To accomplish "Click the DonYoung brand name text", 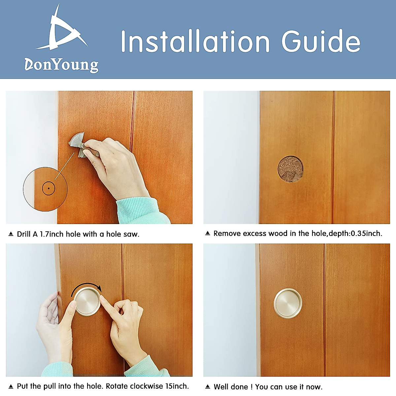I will pyautogui.click(x=61, y=64).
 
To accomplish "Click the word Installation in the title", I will pyautogui.click(x=195, y=42).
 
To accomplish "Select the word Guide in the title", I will pyautogui.click(x=320, y=42).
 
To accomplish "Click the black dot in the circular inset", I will pyautogui.click(x=49, y=189).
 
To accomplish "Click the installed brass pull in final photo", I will pyautogui.click(x=288, y=303).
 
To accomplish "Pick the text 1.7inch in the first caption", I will pyautogui.click(x=51, y=234).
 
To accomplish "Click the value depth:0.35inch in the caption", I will pyautogui.click(x=355, y=234).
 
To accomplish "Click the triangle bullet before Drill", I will pyautogui.click(x=11, y=234).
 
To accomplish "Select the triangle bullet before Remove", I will pyautogui.click(x=208, y=233).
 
